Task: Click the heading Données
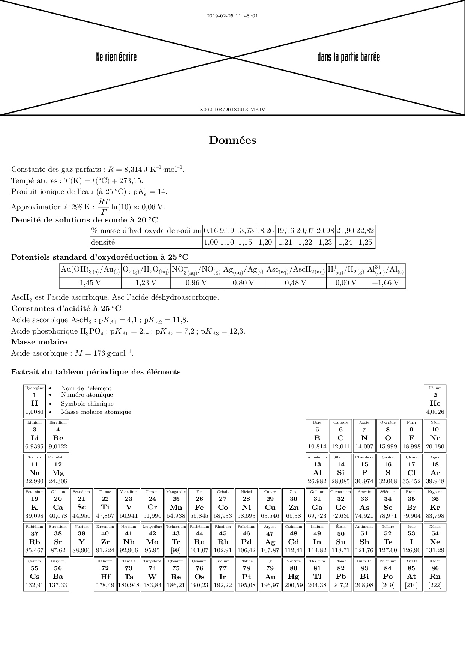pyautogui.click(x=232, y=140)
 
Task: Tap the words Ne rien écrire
pyautogui.click(x=116, y=57)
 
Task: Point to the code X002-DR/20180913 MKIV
pyautogui.click(x=232, y=110)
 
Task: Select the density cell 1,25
pyautogui.click(x=365, y=242)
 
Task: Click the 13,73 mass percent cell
pyautogui.click(x=245, y=231)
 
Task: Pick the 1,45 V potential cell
pyautogui.click(x=90, y=282)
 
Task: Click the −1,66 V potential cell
pyautogui.click(x=385, y=282)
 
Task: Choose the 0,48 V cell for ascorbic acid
pyautogui.click(x=295, y=282)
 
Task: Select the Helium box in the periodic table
pyautogui.click(x=435, y=401)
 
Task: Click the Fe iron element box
pyautogui.click(x=199, y=504)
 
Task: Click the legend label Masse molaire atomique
pyautogui.click(x=96, y=412)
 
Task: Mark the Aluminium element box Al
pyautogui.click(x=317, y=470)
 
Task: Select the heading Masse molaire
pyautogui.click(x=39, y=342)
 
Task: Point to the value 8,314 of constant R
pyautogui.click(x=133, y=170)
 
